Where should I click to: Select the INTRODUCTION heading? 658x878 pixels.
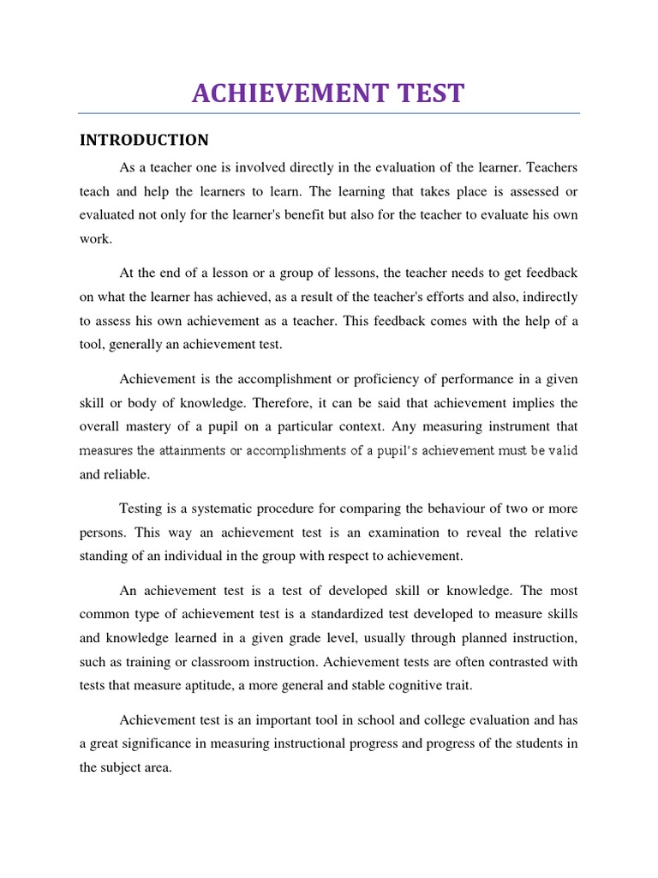pyautogui.click(x=144, y=140)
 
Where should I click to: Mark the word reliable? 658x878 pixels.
pyautogui.click(x=127, y=474)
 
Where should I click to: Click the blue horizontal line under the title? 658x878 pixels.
pyautogui.click(x=329, y=113)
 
